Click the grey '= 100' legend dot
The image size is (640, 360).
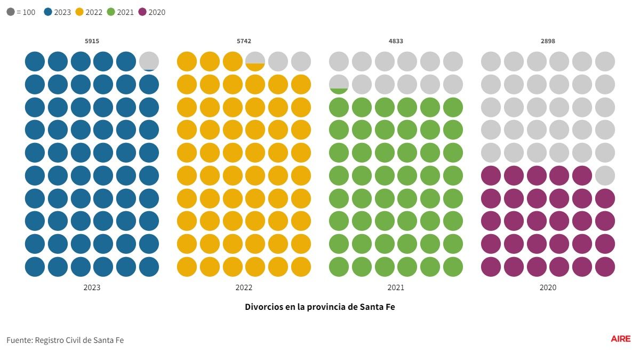(x=11, y=12)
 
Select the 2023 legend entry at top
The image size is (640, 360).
(x=57, y=12)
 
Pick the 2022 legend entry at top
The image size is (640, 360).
(x=89, y=12)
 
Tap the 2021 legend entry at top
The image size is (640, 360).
(x=120, y=12)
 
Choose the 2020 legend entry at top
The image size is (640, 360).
(x=151, y=12)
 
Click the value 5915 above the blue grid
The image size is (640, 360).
(x=92, y=41)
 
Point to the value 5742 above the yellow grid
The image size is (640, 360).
(x=244, y=41)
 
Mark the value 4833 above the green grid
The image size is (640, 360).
(x=396, y=41)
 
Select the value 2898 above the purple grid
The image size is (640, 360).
(x=548, y=41)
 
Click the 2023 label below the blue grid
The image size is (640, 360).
(x=92, y=287)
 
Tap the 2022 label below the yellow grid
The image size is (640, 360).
(x=244, y=287)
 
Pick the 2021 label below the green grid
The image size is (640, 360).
(x=396, y=287)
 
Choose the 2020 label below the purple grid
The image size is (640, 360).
(x=548, y=287)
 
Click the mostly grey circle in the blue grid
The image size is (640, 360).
(x=149, y=61)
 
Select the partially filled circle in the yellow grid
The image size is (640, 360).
(x=255, y=61)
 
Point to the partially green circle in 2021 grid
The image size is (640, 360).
(x=339, y=84)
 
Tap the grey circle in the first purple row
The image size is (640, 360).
(x=605, y=175)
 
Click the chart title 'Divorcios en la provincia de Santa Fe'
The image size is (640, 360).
(x=320, y=307)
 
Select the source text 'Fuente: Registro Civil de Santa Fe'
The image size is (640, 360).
(x=65, y=340)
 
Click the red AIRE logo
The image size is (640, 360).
(x=620, y=339)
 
